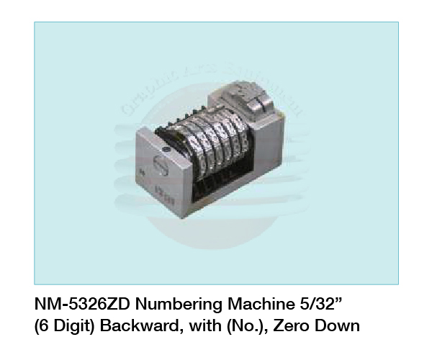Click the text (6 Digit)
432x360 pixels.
[x=68, y=326]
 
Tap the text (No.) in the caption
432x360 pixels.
[x=235, y=326]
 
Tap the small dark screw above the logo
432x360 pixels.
[x=167, y=150]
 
